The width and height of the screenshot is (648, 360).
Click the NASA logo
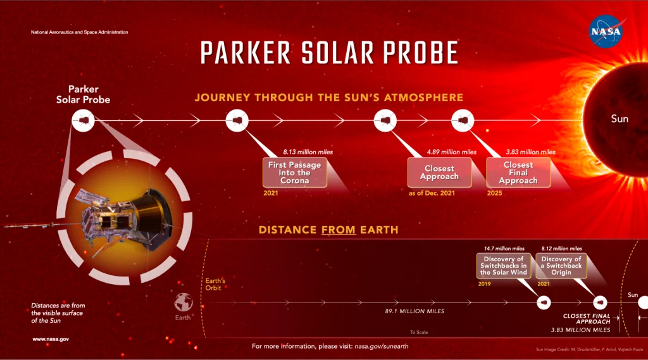click(x=606, y=31)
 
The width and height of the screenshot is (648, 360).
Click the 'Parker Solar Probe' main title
click(x=329, y=53)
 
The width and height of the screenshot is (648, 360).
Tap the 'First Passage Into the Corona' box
click(x=294, y=173)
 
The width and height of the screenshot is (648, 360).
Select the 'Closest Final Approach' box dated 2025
click(x=518, y=173)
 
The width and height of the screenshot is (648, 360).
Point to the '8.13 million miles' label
click(x=308, y=152)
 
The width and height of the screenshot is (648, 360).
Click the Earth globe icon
click(x=184, y=301)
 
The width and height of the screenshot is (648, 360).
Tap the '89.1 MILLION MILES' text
click(x=414, y=311)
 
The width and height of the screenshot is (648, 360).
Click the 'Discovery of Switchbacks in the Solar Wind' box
click(x=503, y=266)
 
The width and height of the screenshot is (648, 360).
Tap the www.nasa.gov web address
click(x=51, y=339)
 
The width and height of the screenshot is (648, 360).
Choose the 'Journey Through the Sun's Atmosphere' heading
click(x=328, y=98)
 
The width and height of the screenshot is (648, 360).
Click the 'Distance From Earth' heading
click(x=328, y=230)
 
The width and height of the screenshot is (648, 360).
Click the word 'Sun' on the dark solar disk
click(x=620, y=119)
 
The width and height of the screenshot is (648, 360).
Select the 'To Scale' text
click(x=419, y=332)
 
